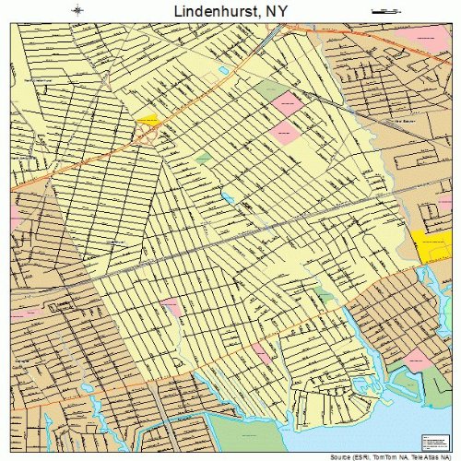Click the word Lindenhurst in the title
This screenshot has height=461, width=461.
pyautogui.click(x=213, y=11)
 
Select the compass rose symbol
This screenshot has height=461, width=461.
pyautogui.click(x=76, y=10)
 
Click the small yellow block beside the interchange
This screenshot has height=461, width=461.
pyautogui.click(x=148, y=119)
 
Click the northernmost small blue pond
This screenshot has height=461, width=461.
pyautogui.click(x=224, y=70)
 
